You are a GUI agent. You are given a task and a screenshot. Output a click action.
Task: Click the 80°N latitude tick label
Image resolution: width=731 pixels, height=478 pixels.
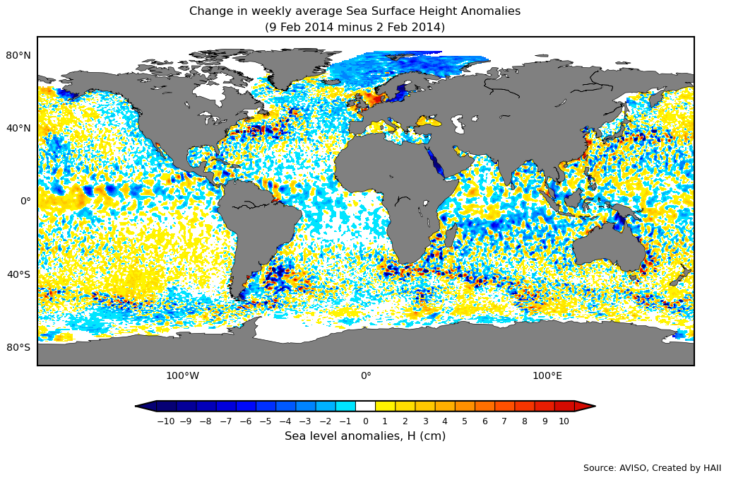pos(18,55)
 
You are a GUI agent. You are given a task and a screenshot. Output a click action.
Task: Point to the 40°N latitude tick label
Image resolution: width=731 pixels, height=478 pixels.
pos(18,128)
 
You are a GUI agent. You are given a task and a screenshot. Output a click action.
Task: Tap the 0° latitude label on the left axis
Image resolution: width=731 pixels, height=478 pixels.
pos(25,201)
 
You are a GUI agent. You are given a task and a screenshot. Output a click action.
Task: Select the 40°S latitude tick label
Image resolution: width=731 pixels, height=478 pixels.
pos(18,274)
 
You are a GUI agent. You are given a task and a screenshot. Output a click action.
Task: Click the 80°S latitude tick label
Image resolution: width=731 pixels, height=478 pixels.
pos(18,347)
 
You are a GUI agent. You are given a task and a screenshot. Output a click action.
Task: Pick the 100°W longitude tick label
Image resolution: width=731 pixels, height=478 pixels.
pos(182,376)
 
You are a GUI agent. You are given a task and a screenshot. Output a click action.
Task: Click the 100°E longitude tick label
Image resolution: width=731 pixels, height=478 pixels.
pos(547,376)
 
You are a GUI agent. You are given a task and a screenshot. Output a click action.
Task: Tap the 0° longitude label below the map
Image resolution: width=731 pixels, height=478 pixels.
pos(366,376)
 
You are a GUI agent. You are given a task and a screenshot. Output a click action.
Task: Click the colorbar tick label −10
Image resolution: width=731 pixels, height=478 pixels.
pos(165,421)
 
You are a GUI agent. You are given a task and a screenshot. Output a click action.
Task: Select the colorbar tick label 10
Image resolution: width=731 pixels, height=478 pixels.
pos(564,421)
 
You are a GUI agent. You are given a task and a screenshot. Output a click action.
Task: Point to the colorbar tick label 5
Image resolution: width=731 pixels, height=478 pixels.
pos(465,421)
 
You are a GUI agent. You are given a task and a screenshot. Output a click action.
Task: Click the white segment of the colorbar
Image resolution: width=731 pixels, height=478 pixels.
pos(365,406)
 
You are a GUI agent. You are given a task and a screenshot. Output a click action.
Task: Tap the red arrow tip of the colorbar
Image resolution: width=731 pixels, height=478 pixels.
pos(586,406)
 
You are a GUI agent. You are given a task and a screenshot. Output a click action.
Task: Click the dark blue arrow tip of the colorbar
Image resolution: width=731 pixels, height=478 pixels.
pos(145,406)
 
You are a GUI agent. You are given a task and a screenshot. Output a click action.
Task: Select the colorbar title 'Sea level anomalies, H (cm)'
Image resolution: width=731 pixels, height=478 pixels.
pos(365,436)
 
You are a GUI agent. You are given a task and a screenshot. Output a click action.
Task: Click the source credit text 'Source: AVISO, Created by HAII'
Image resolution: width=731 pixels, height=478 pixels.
pos(652,468)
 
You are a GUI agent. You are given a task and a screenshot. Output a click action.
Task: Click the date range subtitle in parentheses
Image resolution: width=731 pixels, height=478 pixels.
pos(355,28)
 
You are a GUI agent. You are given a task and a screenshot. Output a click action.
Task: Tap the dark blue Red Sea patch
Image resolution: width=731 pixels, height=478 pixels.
pos(435,162)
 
